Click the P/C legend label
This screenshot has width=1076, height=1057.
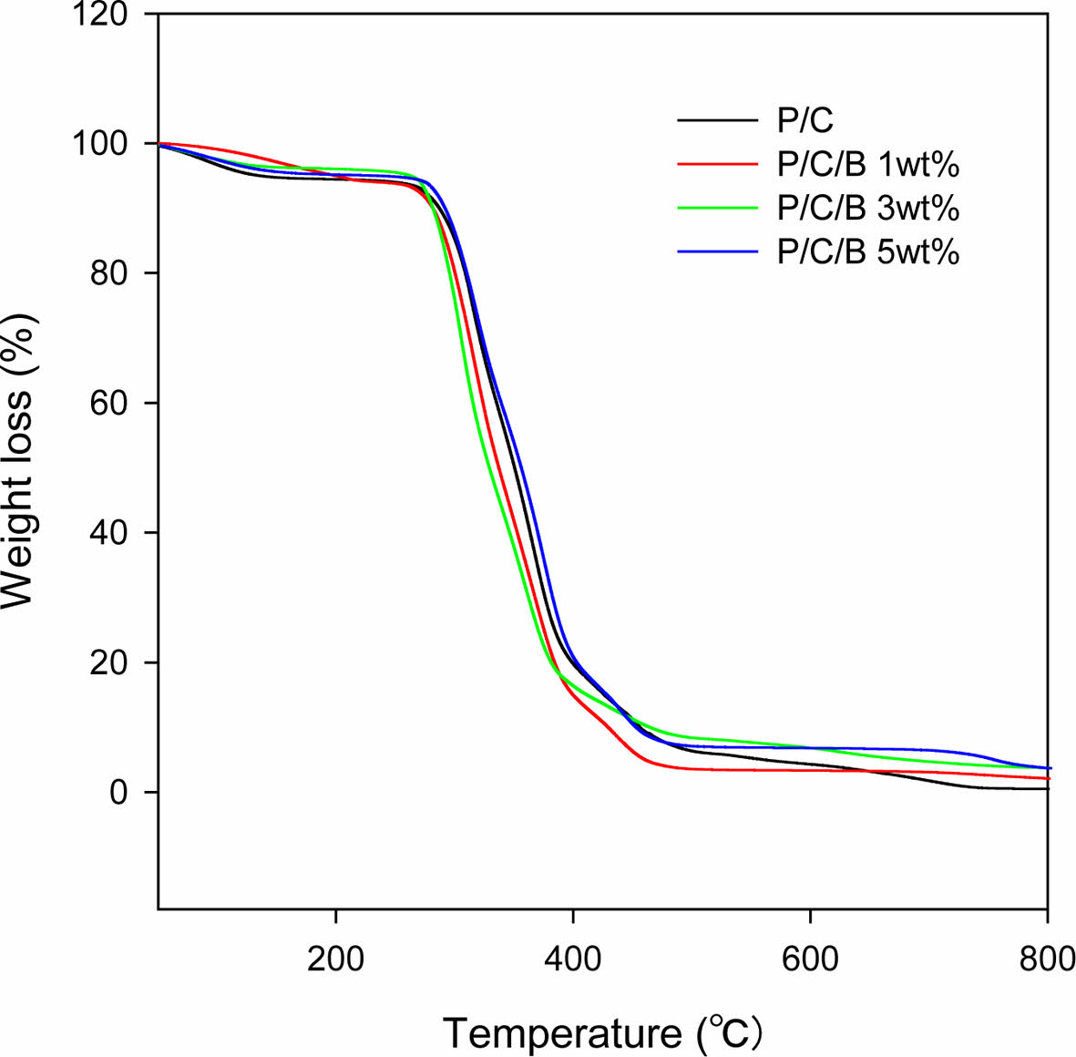[804, 120]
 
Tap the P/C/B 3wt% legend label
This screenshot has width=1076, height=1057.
[867, 208]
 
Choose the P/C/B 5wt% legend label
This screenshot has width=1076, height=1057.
[867, 251]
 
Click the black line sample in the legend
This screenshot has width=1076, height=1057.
[717, 120]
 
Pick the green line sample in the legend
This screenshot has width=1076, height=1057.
[717, 208]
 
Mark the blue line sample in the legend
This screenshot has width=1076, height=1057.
[717, 251]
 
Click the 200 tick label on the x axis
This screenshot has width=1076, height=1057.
[336, 960]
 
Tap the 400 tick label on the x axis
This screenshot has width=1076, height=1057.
[572, 960]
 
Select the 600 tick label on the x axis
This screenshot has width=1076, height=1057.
[810, 960]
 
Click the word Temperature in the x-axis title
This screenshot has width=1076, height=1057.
[561, 1033]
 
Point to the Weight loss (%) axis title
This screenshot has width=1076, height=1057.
[20, 461]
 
